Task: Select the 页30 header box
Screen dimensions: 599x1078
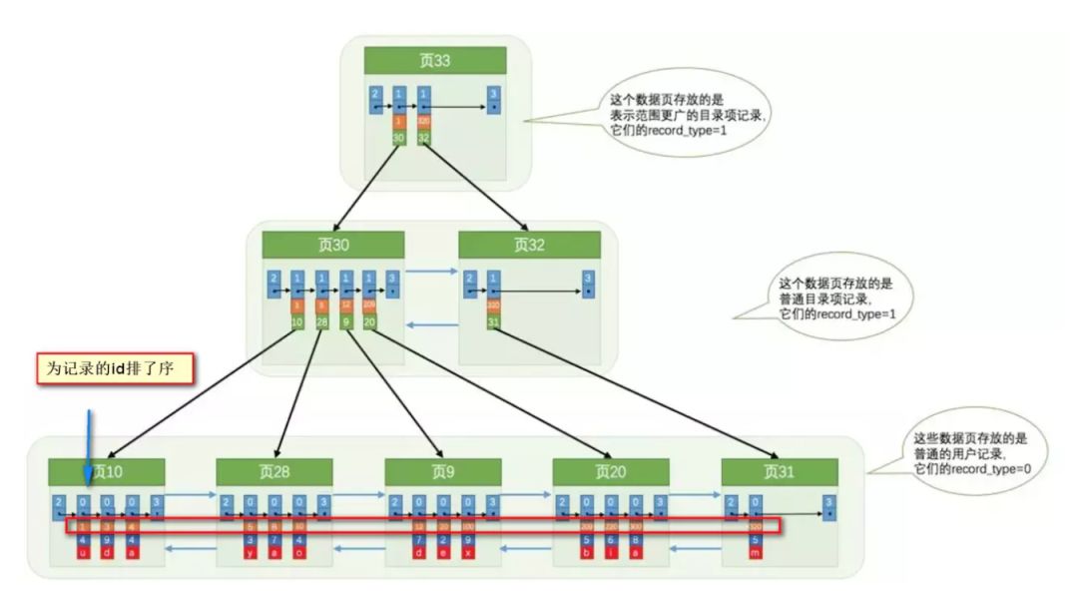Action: (x=333, y=246)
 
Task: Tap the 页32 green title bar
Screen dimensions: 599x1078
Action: (x=529, y=246)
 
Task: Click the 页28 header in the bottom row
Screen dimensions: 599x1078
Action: (x=274, y=472)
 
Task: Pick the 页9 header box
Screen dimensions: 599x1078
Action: (x=443, y=472)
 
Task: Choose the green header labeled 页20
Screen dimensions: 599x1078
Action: (x=611, y=472)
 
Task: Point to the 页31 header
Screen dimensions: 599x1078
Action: (x=780, y=472)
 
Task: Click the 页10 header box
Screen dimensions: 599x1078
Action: (x=107, y=472)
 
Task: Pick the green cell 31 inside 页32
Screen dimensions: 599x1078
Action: (x=492, y=321)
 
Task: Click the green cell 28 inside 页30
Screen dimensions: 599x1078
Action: (x=321, y=321)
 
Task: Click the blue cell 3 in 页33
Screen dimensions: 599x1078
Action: (x=493, y=98)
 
